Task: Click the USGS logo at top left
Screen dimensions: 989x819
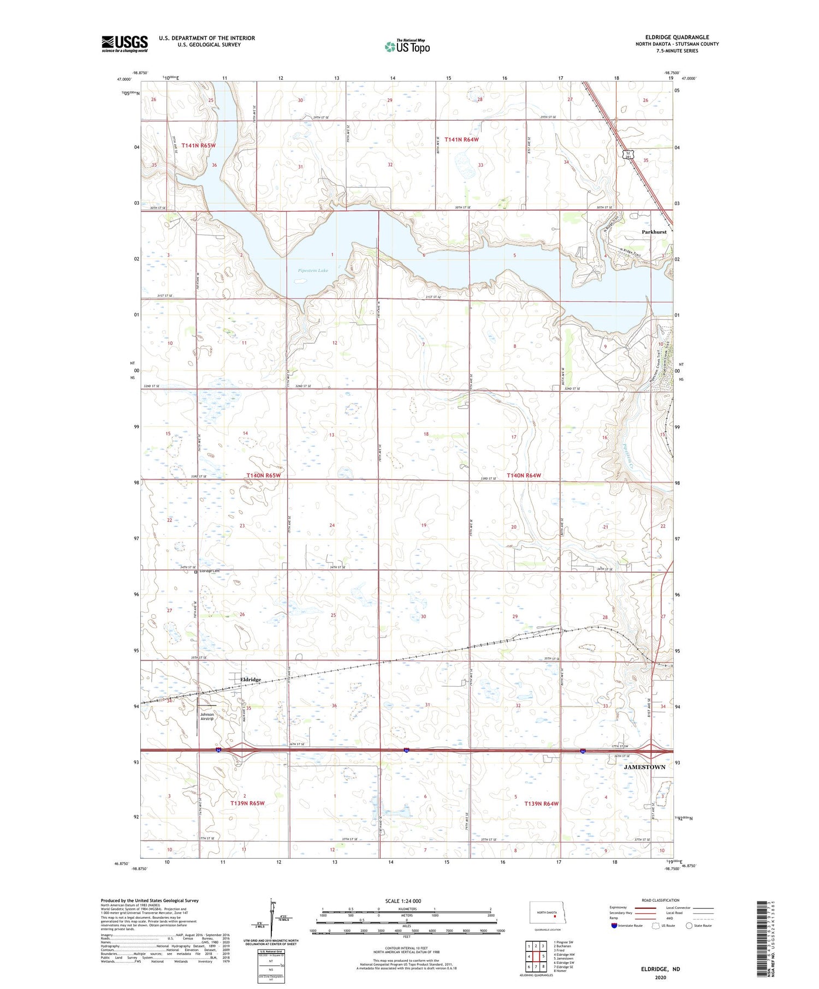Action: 124,44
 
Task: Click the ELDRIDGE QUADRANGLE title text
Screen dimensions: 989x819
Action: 676,37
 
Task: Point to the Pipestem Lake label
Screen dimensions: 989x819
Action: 313,271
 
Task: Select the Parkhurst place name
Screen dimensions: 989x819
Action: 654,232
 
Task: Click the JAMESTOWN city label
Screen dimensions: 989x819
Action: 644,766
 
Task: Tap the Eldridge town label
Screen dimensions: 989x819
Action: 251,679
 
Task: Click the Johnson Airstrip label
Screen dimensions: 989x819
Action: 207,716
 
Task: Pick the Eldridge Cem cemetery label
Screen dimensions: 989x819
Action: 209,571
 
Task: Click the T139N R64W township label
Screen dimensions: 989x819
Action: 542,804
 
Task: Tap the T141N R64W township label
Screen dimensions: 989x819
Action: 461,140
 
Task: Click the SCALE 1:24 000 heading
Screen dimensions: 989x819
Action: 403,901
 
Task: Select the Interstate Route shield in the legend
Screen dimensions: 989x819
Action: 614,925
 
